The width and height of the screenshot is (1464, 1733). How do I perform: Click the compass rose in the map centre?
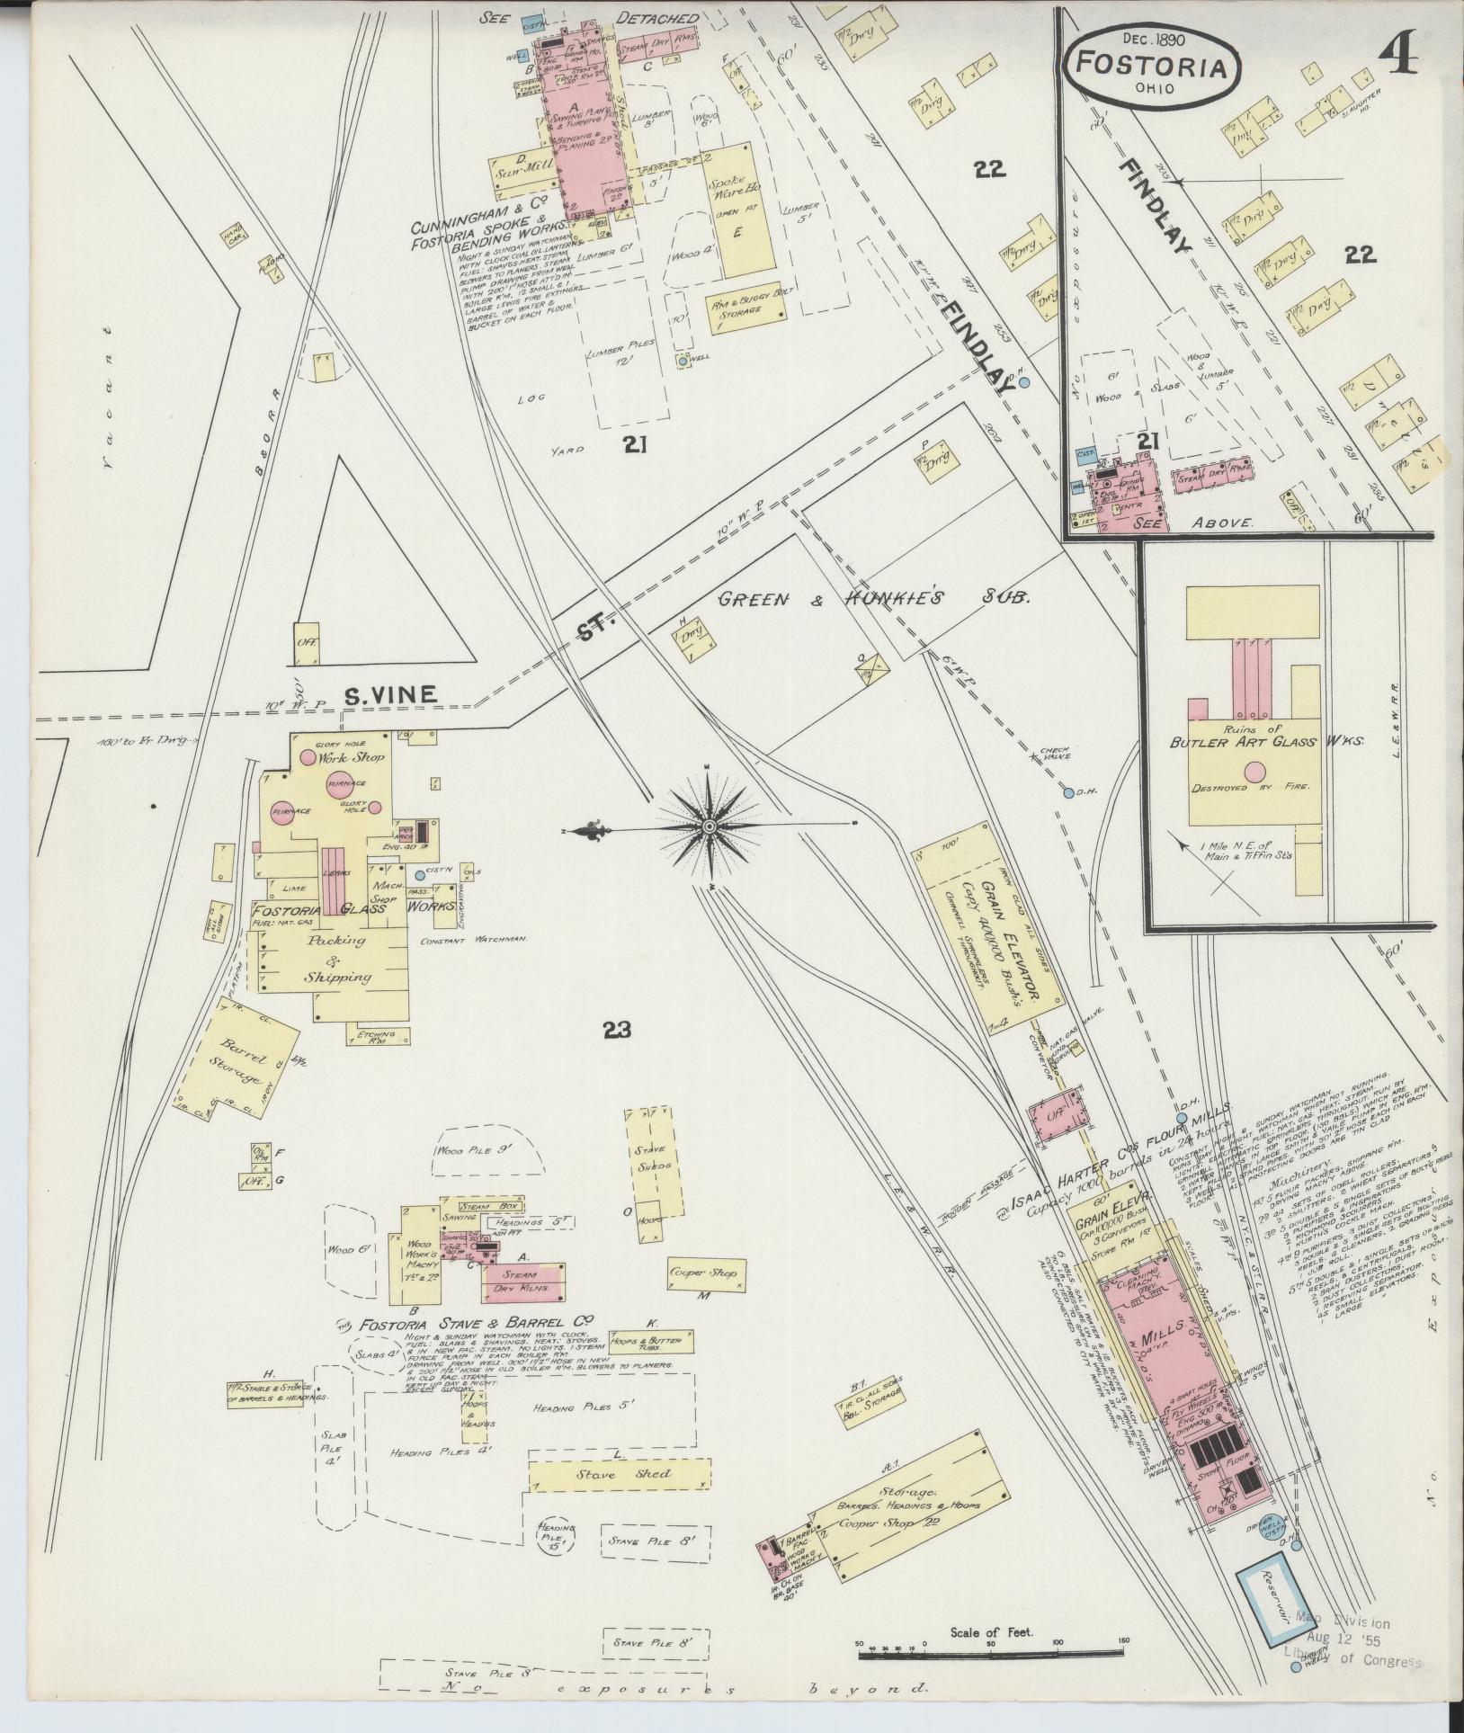pos(709,826)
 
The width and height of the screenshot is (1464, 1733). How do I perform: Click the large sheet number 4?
pos(1395,56)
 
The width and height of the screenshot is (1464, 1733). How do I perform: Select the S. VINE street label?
pos(391,694)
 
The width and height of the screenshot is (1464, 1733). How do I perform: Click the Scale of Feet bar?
pos(992,1654)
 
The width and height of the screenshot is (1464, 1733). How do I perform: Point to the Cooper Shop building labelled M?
pos(702,1273)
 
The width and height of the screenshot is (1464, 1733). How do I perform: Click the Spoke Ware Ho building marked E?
pos(737,209)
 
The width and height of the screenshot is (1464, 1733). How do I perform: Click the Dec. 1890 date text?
pos(1154,39)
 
